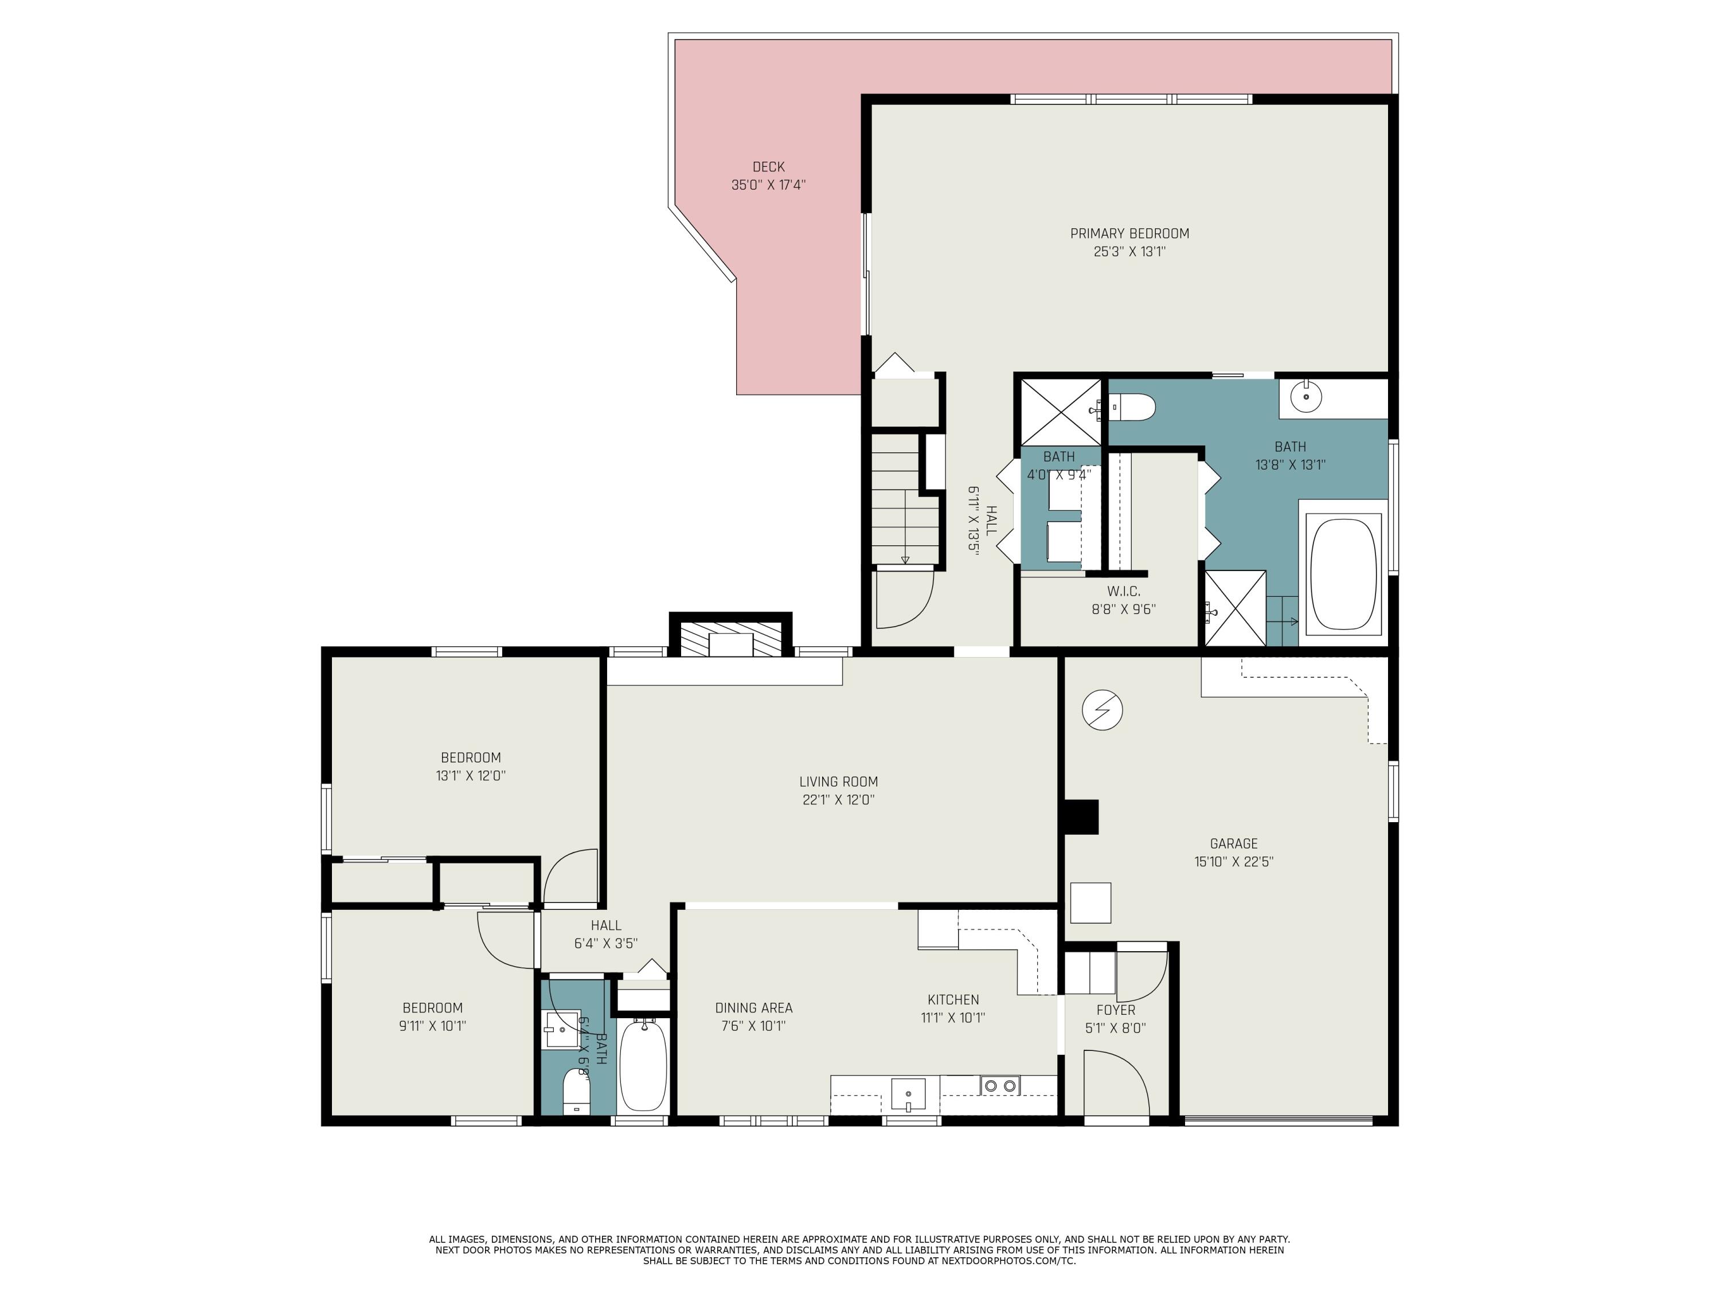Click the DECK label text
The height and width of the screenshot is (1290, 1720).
768,166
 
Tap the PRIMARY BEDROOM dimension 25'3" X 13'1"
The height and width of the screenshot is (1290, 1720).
1129,251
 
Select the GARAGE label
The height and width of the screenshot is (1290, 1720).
1233,843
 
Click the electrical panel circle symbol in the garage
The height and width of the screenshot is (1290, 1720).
1102,710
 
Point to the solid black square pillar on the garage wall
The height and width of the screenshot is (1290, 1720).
1081,816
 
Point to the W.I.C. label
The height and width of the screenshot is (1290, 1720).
1124,592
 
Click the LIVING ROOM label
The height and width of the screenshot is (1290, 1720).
838,781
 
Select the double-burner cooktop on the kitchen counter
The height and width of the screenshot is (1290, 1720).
999,1085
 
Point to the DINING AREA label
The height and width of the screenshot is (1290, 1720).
753,1008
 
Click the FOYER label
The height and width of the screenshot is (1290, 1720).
1115,1010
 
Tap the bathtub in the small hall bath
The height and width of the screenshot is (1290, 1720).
642,1065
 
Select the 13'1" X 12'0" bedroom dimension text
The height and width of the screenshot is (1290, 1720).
471,775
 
